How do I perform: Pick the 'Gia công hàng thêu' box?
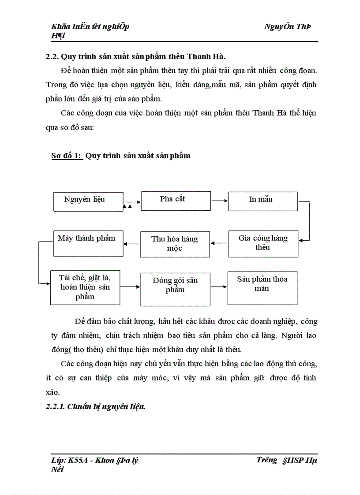click(263, 244)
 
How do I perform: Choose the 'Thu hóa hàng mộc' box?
click(175, 244)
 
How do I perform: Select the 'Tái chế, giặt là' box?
click(85, 287)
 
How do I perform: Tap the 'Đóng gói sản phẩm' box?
click(175, 289)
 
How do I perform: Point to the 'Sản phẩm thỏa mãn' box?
click(262, 288)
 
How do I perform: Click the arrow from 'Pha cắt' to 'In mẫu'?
click(219, 201)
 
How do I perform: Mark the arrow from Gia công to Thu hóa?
click(219, 242)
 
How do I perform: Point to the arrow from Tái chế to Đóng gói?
click(130, 287)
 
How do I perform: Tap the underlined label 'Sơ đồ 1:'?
click(64, 156)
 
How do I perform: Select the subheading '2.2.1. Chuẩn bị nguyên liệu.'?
click(96, 406)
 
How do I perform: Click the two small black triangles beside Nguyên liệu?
click(127, 206)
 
